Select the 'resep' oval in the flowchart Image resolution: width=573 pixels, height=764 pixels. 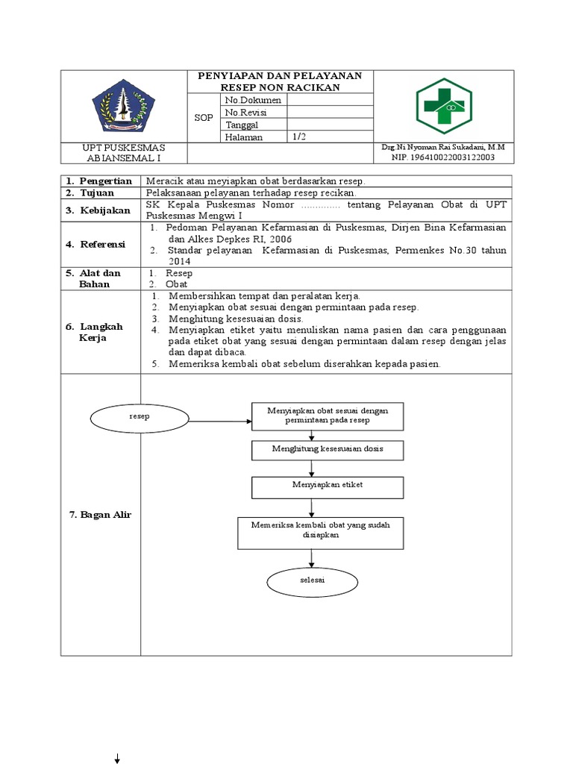click(140, 417)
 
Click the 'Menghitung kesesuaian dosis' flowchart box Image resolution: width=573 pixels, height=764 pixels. click(328, 450)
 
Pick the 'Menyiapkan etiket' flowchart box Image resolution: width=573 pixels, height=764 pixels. click(328, 486)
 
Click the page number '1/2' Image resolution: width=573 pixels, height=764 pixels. click(299, 137)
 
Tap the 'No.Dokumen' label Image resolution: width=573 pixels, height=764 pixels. click(251, 100)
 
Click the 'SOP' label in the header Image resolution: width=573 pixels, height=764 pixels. click(203, 118)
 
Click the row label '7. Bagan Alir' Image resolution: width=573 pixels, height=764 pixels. click(100, 515)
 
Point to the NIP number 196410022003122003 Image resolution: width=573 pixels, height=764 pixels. click(443, 158)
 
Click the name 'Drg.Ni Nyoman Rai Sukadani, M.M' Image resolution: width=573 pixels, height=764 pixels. click(443, 148)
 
